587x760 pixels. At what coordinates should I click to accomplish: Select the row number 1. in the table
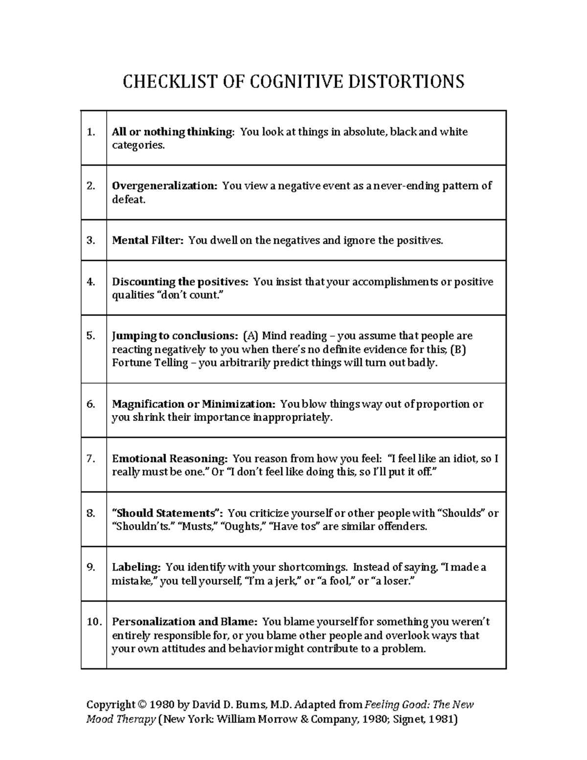point(90,132)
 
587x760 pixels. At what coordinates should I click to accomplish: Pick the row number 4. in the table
point(90,282)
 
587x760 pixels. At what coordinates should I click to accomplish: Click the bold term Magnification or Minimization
point(194,404)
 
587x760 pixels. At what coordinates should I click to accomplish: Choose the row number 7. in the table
point(90,459)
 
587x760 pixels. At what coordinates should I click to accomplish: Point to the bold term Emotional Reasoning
point(169,459)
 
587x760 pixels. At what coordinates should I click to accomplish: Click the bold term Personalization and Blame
point(184,622)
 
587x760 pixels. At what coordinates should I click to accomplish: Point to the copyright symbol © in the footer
point(142,705)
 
